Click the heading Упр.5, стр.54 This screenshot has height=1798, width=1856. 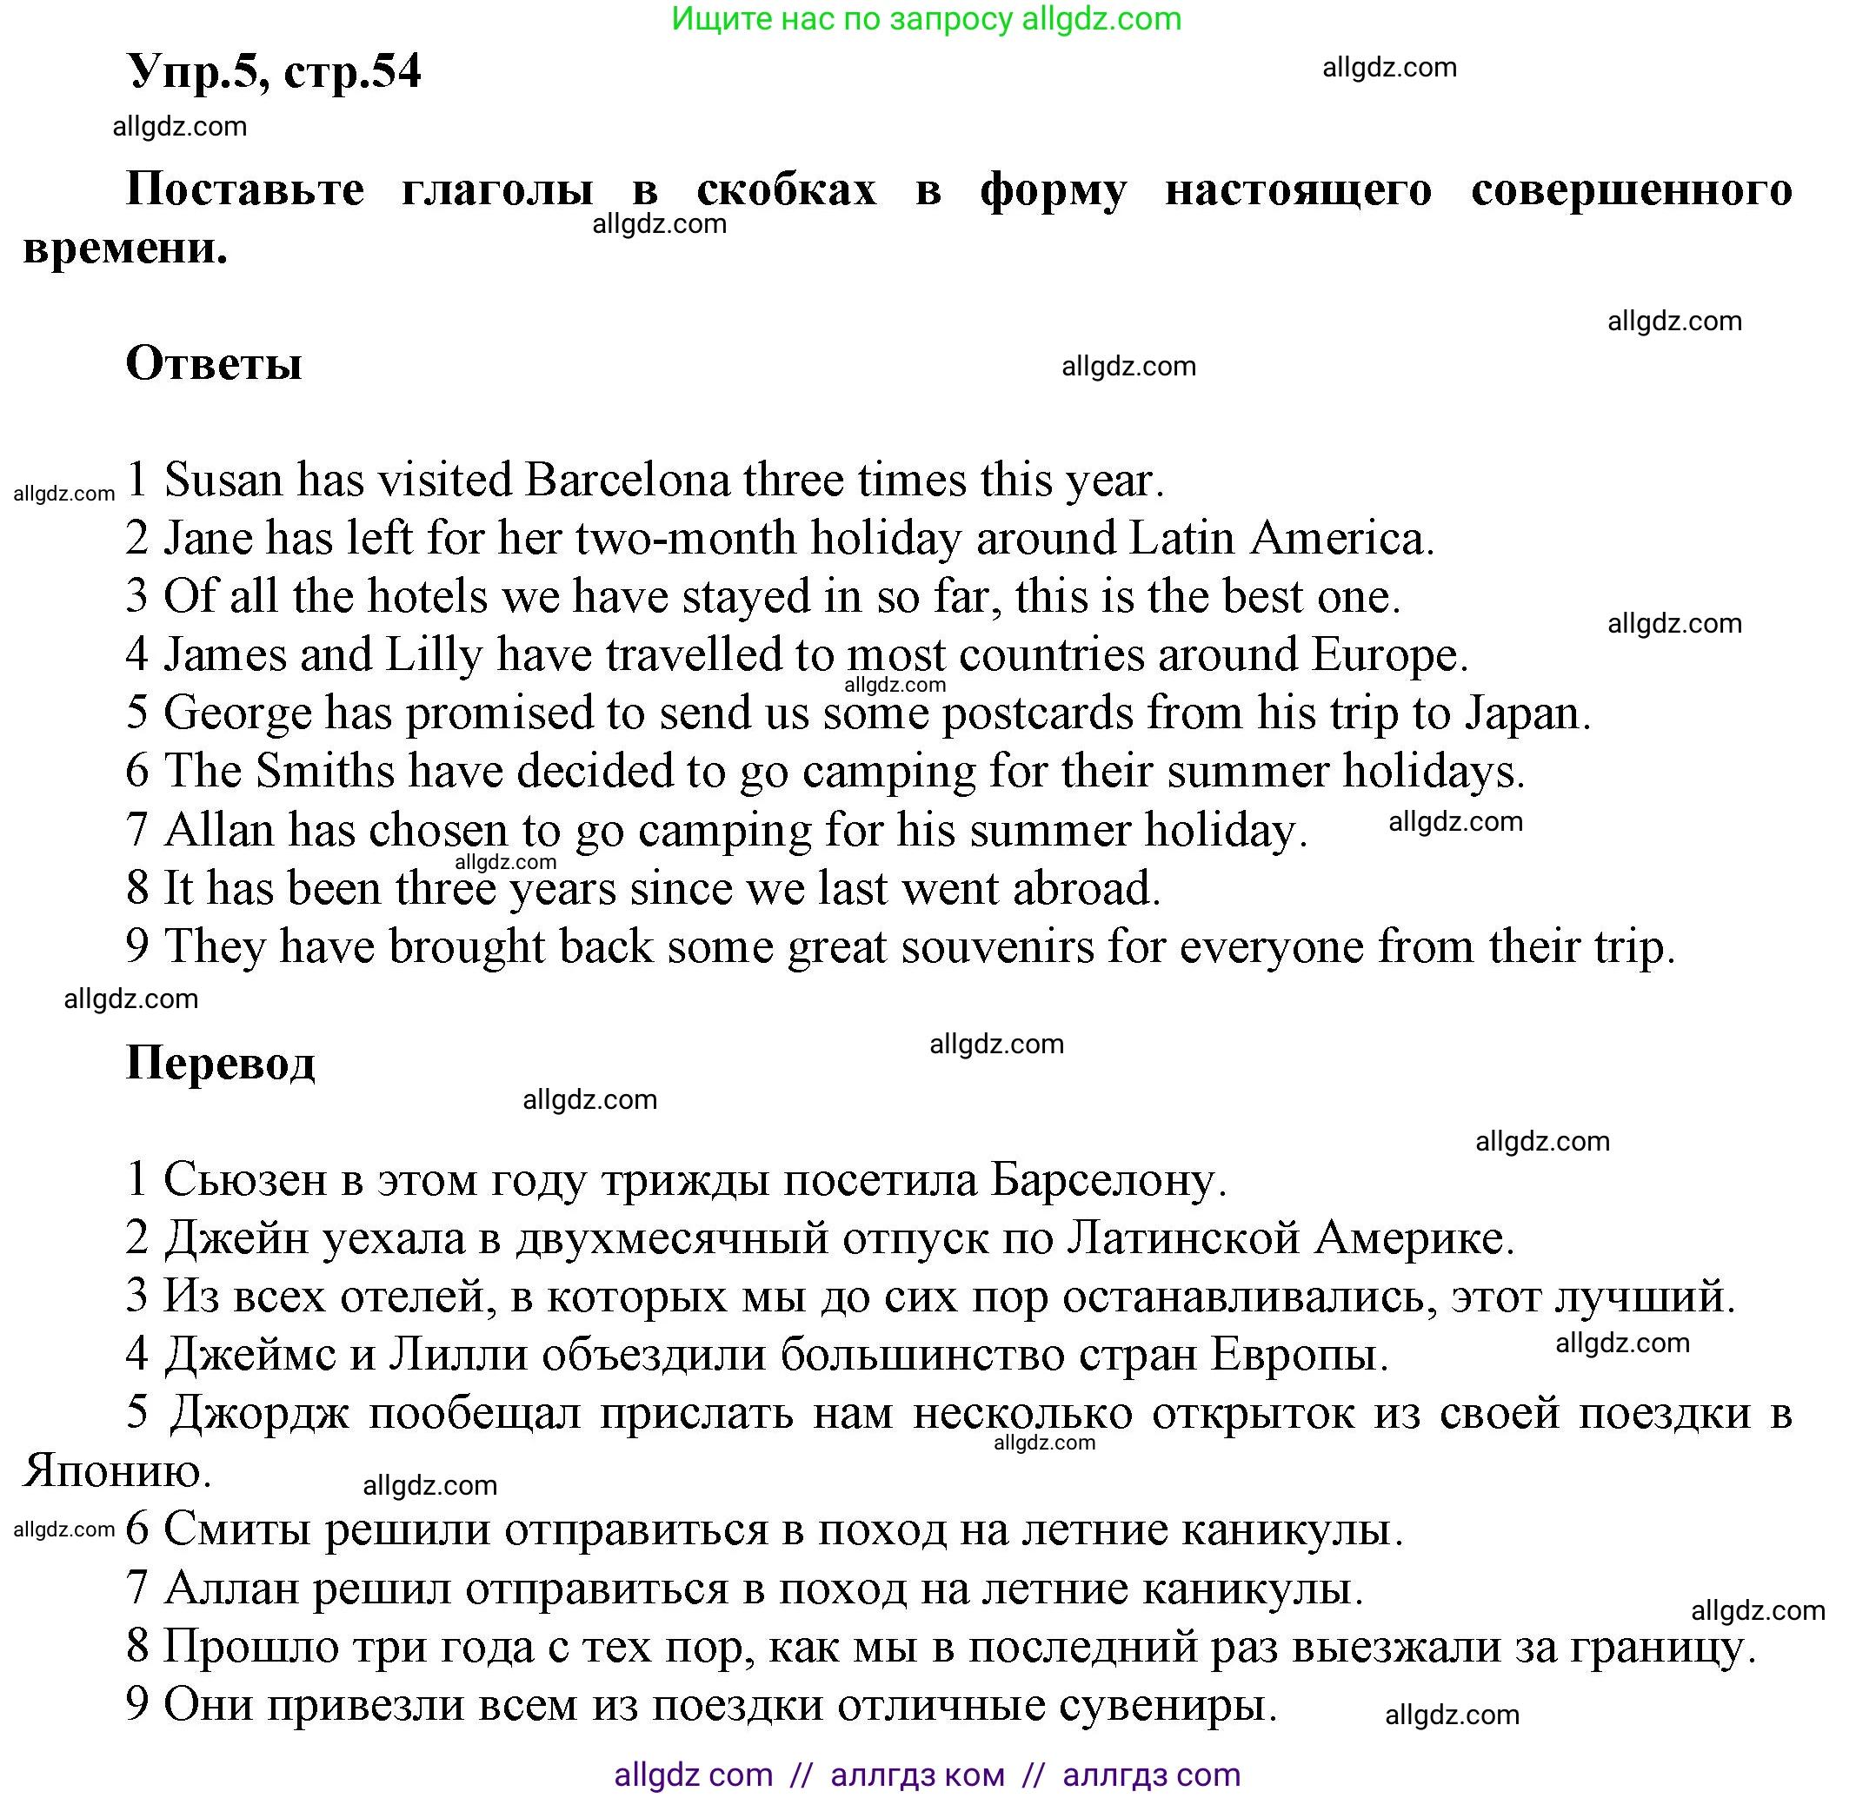274,71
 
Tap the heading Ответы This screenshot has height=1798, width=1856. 214,362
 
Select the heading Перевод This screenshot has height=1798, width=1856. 220,1062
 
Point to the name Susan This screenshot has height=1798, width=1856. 224,479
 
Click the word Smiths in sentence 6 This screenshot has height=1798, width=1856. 325,771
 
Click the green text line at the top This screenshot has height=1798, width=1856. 926,19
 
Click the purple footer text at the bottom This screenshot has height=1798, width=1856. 927,1775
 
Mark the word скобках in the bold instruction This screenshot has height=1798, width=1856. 786,189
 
